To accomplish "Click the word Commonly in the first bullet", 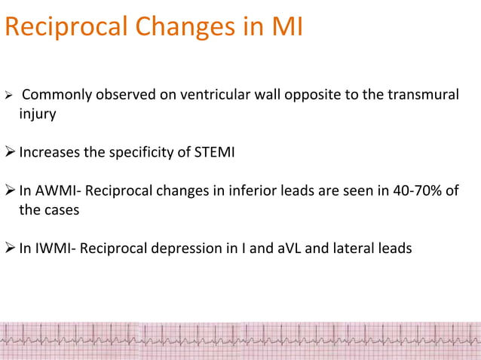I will pos(56,95).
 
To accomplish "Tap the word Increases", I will pos(50,154).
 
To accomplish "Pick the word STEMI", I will pos(215,154).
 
